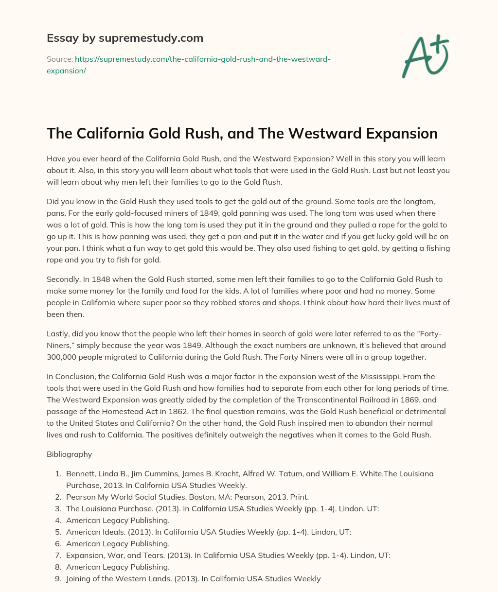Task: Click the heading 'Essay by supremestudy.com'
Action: coord(125,38)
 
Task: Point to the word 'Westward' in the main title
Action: coord(329,134)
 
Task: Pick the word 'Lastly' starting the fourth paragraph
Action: coord(58,333)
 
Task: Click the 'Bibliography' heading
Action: coord(69,454)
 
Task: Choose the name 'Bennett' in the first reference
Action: coord(80,473)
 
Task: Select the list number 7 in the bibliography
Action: coord(57,555)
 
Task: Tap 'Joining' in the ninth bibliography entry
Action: coord(78,578)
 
